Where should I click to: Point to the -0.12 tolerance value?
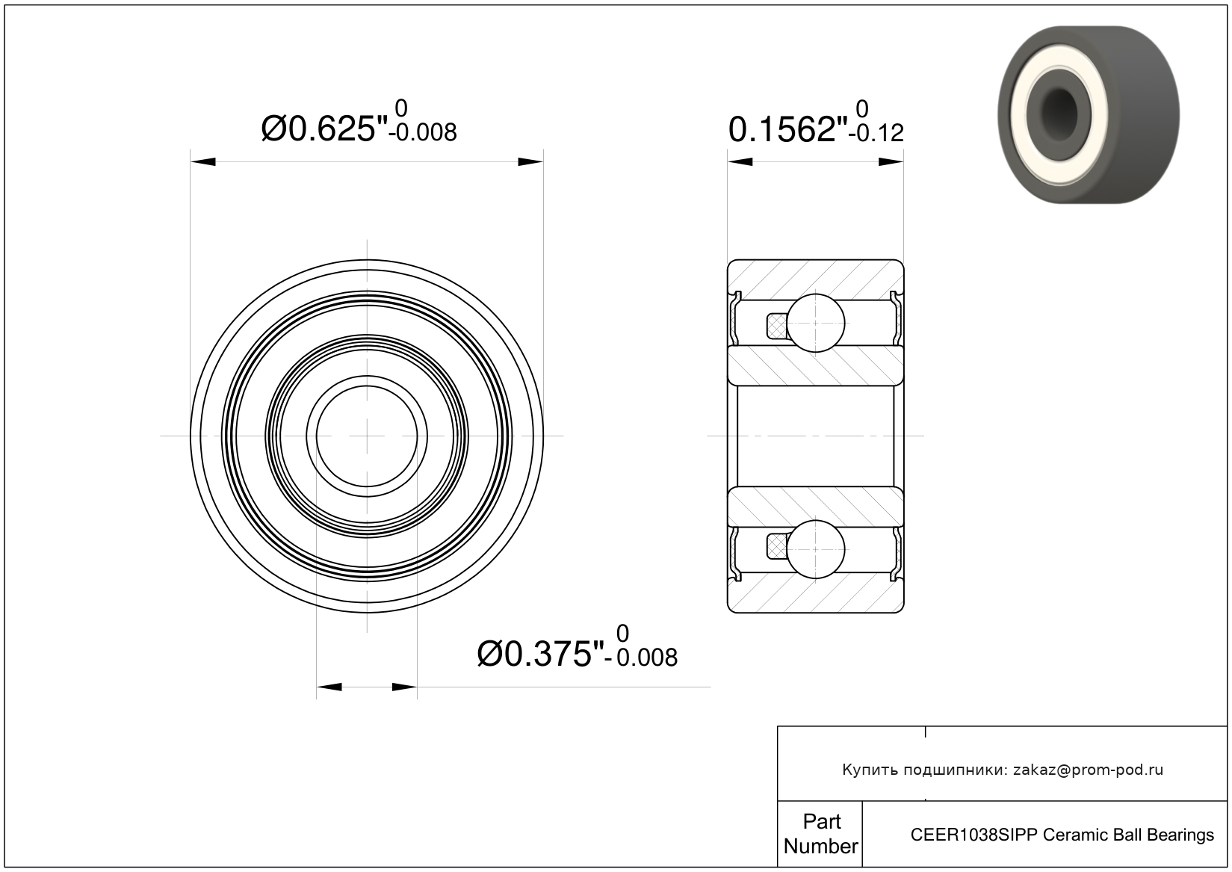tap(876, 133)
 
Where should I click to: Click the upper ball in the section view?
tap(815, 323)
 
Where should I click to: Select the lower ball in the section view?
tap(815, 549)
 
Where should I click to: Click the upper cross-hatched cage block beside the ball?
tap(776, 326)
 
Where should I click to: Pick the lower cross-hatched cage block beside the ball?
tap(776, 547)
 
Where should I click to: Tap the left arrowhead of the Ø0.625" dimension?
tap(203, 161)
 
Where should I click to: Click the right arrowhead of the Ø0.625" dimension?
tap(530, 161)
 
